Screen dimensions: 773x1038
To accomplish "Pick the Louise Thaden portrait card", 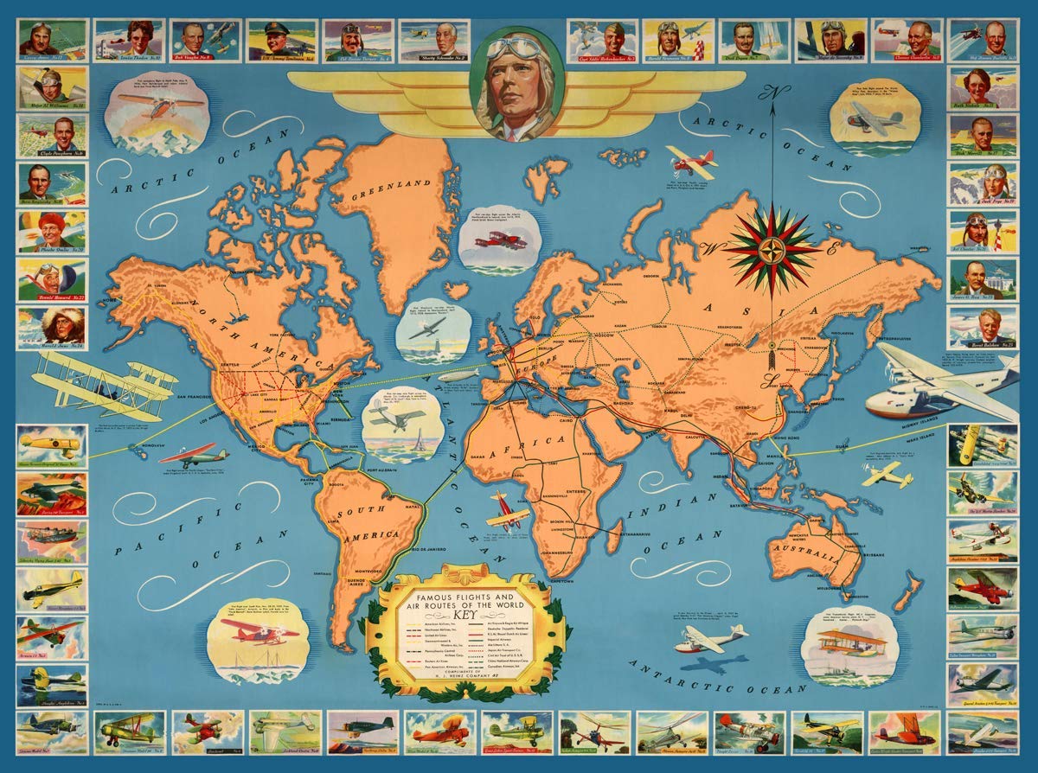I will [x=128, y=41].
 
